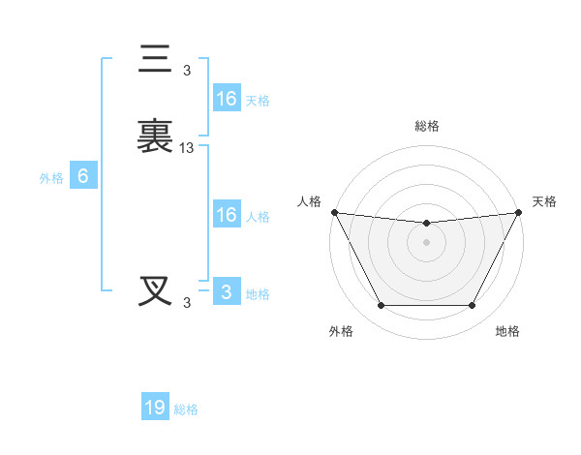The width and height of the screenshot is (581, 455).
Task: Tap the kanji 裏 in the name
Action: pyautogui.click(x=155, y=136)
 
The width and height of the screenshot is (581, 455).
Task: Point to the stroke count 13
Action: pyautogui.click(x=187, y=148)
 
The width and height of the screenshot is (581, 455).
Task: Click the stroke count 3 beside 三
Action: pyautogui.click(x=187, y=70)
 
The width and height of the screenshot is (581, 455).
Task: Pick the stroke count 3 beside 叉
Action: pyautogui.click(x=187, y=302)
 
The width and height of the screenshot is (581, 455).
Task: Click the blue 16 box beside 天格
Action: pyautogui.click(x=226, y=99)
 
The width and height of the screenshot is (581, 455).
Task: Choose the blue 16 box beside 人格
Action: pyautogui.click(x=226, y=215)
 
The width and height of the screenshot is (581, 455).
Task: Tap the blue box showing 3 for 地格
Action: pyautogui.click(x=226, y=292)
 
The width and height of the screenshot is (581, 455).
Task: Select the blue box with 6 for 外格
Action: pyautogui.click(x=83, y=176)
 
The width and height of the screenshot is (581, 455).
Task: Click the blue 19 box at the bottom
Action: pyautogui.click(x=155, y=408)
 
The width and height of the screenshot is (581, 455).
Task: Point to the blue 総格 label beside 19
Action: pyautogui.click(x=187, y=409)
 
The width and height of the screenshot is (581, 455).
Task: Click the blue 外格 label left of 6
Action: pyautogui.click(x=51, y=177)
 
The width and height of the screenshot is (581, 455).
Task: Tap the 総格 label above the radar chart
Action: pyautogui.click(x=427, y=126)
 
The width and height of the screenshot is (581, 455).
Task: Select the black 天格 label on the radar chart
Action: pyautogui.click(x=545, y=201)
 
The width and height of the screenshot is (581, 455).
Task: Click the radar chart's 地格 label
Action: pyautogui.click(x=507, y=331)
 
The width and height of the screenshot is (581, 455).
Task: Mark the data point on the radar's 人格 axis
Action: pyautogui.click(x=334, y=212)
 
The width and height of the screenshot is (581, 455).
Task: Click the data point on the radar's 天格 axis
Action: pyautogui.click(x=519, y=212)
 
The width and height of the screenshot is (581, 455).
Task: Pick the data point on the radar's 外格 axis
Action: pyautogui.click(x=381, y=306)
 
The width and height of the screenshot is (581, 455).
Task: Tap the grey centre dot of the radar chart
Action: pyautogui.click(x=427, y=242)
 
